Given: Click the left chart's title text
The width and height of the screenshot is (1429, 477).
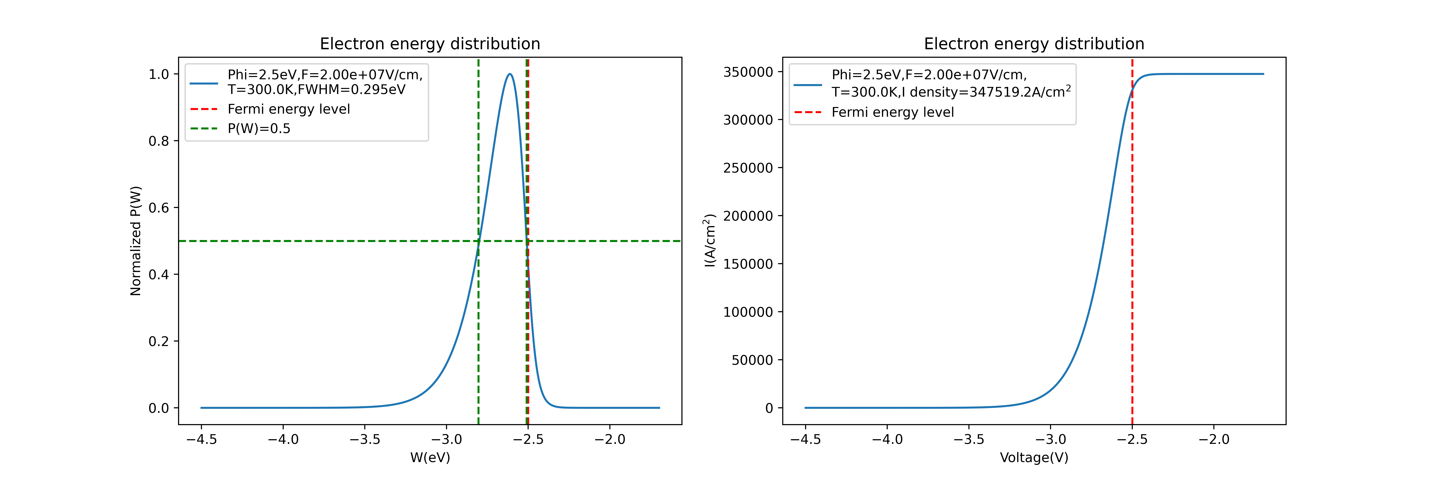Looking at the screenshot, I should (430, 44).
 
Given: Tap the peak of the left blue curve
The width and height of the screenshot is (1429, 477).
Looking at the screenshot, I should (510, 74).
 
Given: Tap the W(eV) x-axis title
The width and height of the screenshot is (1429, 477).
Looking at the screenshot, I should (430, 458).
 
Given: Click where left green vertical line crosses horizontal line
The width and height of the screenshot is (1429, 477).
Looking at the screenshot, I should (478, 241).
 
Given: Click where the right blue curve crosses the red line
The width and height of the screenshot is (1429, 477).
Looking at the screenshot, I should (1132, 89).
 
